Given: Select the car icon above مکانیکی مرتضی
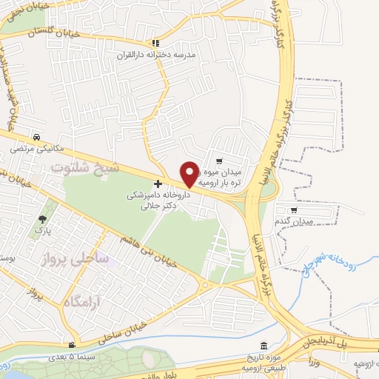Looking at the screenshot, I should pyautogui.click(x=36, y=137).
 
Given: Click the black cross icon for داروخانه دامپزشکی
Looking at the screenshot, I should pyautogui.click(x=157, y=183).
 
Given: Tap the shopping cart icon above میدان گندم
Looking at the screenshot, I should pyautogui.click(x=295, y=211).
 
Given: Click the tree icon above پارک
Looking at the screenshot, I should pyautogui.click(x=42, y=218).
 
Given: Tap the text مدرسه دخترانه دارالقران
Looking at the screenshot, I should pyautogui.click(x=155, y=56).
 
